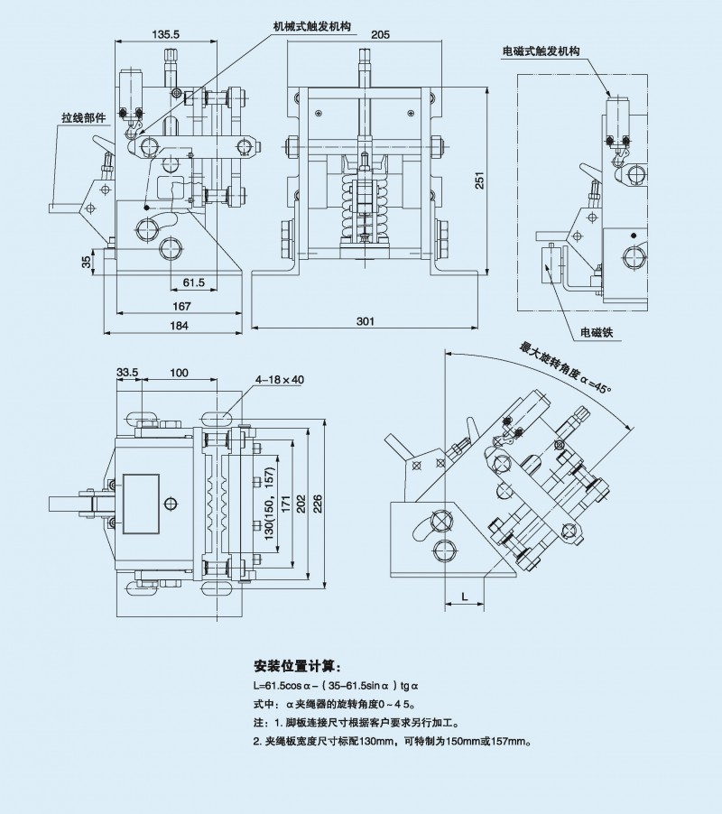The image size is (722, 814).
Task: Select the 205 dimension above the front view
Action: [380, 34]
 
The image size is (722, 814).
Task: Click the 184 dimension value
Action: [180, 326]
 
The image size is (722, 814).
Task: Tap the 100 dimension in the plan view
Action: [180, 372]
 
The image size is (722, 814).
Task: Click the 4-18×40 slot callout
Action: [279, 379]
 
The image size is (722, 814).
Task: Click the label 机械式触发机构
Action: [311, 27]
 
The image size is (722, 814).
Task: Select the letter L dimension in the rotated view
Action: [464, 597]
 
